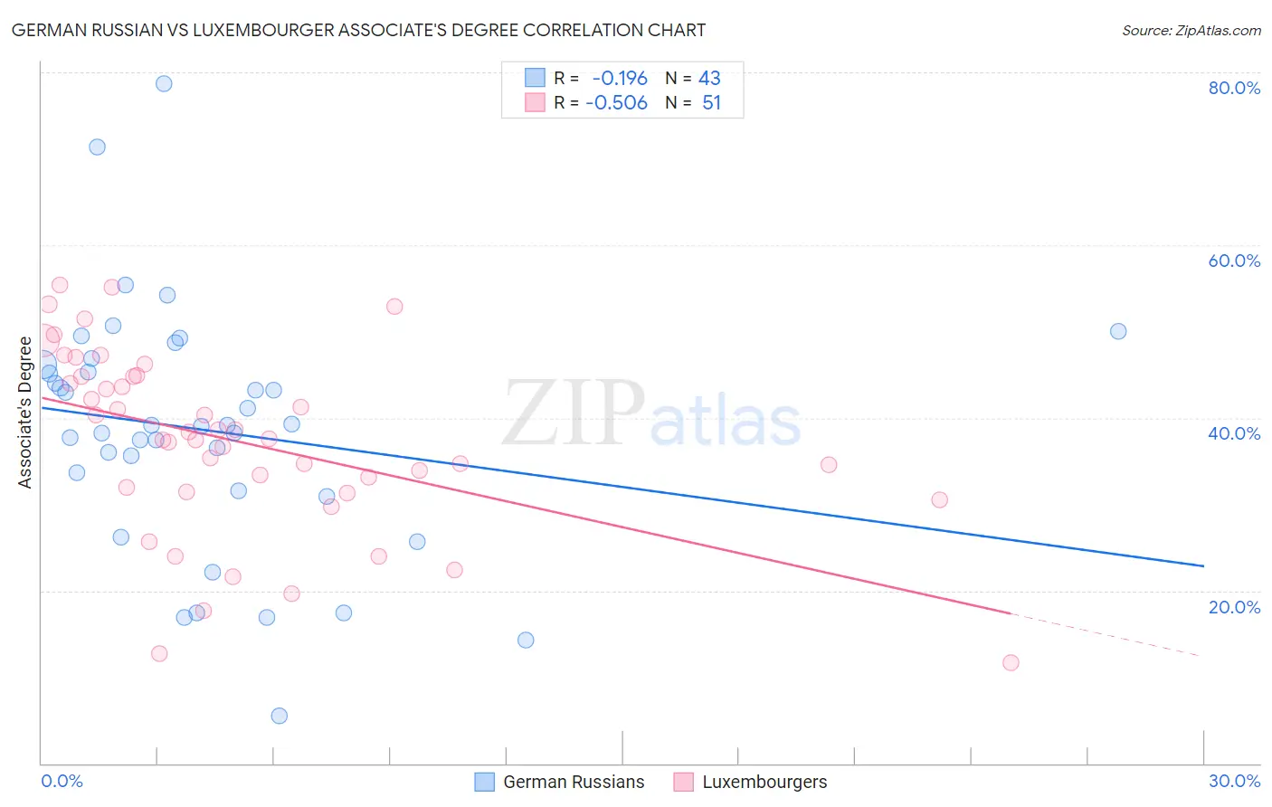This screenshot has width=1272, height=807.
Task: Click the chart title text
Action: [358, 30]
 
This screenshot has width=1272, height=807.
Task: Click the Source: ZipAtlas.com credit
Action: [1191, 30]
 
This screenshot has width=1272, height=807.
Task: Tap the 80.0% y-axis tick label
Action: [1234, 88]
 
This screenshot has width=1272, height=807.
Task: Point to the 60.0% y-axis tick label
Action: [1234, 261]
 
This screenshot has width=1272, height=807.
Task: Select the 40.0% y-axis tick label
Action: [1234, 433]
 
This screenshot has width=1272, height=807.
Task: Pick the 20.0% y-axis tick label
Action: [1234, 607]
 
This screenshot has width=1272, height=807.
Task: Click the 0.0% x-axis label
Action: [62, 781]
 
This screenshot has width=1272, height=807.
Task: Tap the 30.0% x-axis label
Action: [1234, 781]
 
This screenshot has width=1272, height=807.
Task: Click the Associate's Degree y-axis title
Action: [25, 413]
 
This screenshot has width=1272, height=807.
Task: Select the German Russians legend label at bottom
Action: [574, 782]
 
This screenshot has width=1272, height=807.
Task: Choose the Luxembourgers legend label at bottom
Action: [764, 782]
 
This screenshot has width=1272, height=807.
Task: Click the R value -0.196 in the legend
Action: [620, 79]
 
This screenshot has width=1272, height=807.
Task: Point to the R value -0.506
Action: [617, 103]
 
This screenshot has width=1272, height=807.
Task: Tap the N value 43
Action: [709, 79]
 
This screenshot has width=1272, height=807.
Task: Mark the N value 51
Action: [711, 103]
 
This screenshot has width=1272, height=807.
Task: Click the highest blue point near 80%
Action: [164, 83]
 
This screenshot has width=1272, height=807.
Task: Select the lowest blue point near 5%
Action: [280, 716]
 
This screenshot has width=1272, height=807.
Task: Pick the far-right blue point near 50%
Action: [1118, 331]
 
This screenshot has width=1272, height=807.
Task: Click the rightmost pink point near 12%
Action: [1011, 662]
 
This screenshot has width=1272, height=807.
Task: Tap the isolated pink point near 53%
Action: [394, 306]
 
